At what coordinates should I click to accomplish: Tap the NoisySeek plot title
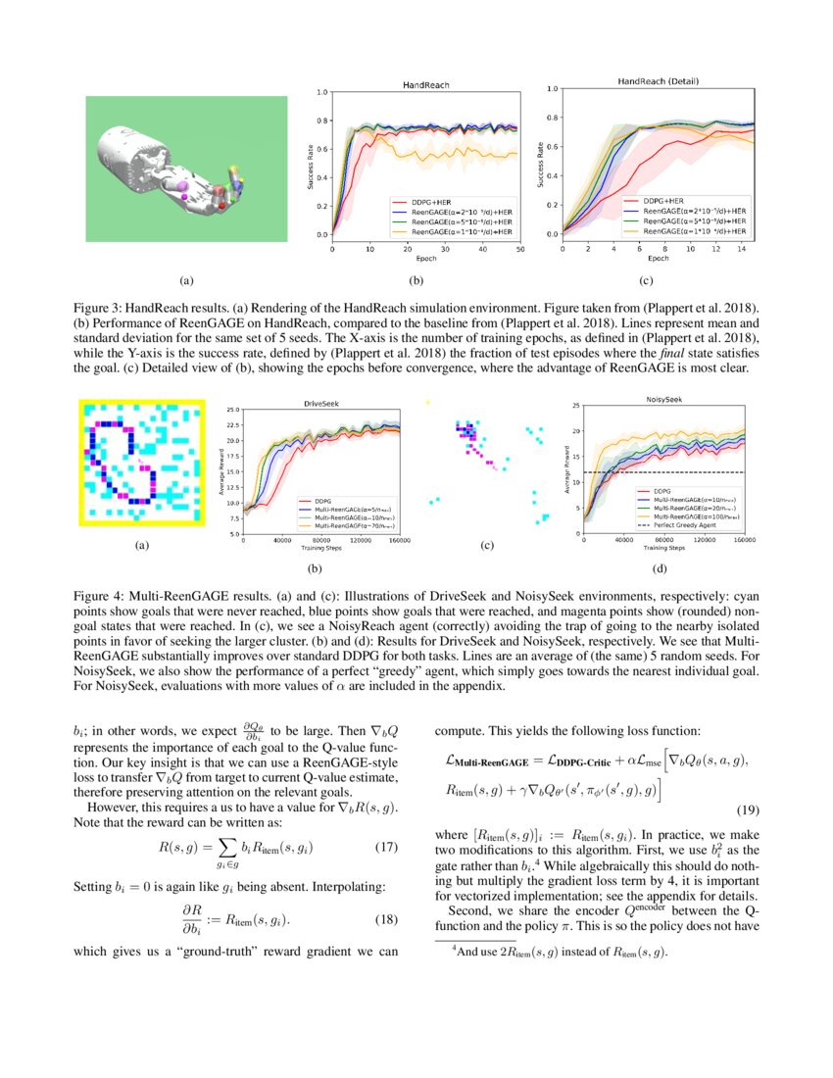point(665,399)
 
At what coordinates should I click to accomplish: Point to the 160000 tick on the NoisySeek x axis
point(744,540)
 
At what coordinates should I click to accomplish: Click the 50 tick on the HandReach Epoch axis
point(519,250)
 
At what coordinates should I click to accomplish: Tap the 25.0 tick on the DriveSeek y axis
point(232,410)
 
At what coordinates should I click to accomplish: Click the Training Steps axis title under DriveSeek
point(316,548)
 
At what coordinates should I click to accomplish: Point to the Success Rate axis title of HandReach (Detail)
point(541,162)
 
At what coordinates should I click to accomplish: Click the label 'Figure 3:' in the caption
point(101,307)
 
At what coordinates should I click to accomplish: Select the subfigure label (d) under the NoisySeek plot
point(660,568)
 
